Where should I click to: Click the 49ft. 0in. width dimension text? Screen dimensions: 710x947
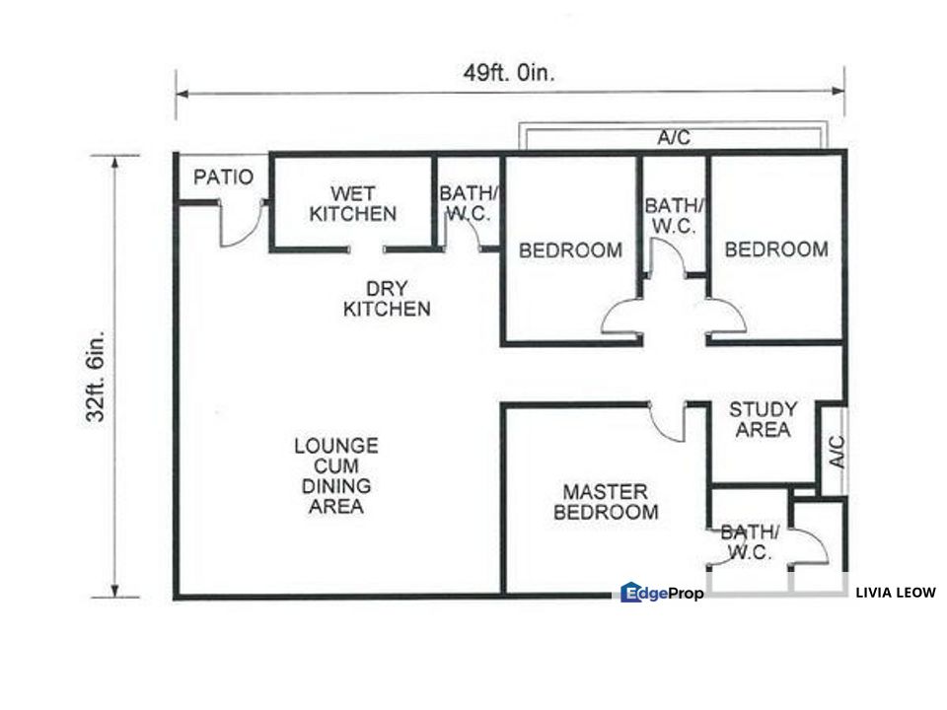tap(511, 73)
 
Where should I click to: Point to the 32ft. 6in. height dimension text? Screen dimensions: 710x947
tap(96, 377)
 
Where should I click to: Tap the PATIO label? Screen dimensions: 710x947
tap(223, 178)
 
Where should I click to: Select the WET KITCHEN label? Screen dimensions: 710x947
tap(352, 203)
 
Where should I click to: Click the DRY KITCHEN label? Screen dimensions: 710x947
tap(387, 299)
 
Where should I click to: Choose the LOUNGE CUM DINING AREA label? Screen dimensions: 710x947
tap(335, 475)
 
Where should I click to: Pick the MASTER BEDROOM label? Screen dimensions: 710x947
tap(606, 502)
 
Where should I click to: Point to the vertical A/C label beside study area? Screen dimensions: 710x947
tap(836, 451)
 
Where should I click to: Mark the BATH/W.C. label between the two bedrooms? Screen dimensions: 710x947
tap(675, 215)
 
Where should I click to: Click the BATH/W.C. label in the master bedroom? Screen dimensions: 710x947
tap(749, 542)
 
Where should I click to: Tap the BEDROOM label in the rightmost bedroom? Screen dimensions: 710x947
tap(776, 249)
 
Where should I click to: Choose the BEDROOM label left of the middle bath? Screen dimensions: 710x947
tap(570, 250)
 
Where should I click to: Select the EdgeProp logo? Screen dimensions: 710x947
tap(662, 593)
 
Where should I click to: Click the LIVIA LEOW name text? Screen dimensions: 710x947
tap(896, 593)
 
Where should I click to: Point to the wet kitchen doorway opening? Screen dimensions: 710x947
tap(368, 249)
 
